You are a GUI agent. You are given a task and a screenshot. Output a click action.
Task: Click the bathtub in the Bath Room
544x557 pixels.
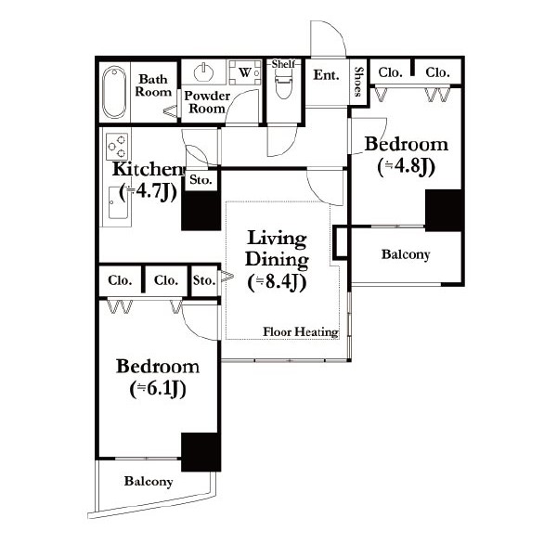[114, 92]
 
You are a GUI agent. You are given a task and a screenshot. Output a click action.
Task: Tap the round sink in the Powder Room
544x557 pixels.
[204, 72]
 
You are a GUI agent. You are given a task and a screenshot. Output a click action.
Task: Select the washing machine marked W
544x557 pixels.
[245, 72]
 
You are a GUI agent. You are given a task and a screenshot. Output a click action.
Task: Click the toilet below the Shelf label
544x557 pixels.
[283, 84]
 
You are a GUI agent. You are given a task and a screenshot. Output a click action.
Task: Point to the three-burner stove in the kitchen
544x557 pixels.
[117, 147]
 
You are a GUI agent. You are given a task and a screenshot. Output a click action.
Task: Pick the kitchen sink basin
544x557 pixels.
[118, 202]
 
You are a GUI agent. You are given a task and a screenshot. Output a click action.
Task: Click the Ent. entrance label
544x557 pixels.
[326, 75]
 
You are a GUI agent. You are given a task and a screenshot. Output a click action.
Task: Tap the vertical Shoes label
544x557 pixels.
[359, 82]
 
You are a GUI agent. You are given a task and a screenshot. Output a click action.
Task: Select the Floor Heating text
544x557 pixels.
[301, 331]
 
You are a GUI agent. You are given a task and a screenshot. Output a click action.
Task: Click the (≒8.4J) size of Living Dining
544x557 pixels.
[277, 282]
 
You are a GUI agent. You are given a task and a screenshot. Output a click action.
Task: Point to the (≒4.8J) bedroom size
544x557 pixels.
[406, 166]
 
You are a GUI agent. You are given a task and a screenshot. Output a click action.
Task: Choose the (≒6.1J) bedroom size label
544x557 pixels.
[158, 389]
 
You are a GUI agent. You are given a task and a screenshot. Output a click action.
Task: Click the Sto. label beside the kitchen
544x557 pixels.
[201, 180]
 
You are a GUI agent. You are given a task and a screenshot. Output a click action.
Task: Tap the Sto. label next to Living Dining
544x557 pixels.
[204, 280]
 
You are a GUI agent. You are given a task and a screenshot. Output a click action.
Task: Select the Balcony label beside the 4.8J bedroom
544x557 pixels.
[406, 254]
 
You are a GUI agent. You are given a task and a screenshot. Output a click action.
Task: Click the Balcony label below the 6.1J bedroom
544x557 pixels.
[149, 481]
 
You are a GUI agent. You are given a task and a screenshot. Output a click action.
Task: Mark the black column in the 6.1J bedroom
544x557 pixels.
[201, 452]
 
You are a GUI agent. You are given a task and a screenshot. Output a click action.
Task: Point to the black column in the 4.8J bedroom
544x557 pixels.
[445, 211]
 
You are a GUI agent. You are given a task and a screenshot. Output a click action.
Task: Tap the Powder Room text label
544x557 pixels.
[207, 102]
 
